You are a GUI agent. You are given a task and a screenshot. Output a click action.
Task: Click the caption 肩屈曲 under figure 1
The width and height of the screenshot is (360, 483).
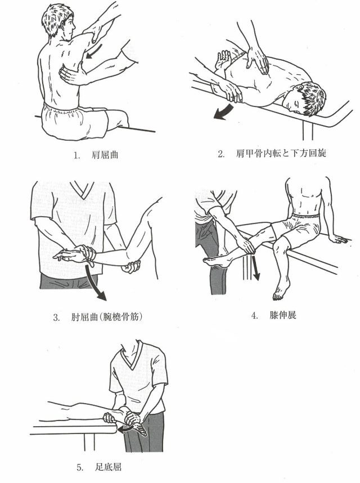(x=105, y=155)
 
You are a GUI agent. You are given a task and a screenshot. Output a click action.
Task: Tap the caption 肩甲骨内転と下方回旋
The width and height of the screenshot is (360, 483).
(x=281, y=154)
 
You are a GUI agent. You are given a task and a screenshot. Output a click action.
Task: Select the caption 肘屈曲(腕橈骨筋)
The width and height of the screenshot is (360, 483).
(x=107, y=317)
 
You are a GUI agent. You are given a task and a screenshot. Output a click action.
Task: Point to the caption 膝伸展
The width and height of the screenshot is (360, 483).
(x=283, y=315)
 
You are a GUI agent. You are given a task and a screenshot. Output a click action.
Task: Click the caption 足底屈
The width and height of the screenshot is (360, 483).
(x=109, y=467)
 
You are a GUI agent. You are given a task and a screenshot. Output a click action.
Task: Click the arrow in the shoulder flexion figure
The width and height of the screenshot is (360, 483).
(x=94, y=51)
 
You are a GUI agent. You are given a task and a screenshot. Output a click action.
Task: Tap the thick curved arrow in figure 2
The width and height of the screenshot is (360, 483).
(x=223, y=113)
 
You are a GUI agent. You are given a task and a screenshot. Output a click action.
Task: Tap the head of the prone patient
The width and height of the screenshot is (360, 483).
(x=305, y=98)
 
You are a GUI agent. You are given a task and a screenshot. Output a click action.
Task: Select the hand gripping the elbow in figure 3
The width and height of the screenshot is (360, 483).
(x=131, y=266)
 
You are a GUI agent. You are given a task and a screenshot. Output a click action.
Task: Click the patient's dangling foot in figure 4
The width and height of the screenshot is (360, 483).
(x=282, y=288)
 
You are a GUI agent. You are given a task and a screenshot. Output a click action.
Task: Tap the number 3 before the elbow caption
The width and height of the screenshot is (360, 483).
(x=56, y=317)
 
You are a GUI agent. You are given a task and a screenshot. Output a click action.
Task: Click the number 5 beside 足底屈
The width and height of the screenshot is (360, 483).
(x=80, y=468)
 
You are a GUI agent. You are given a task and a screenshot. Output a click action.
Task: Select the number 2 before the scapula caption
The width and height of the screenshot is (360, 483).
(x=221, y=154)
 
